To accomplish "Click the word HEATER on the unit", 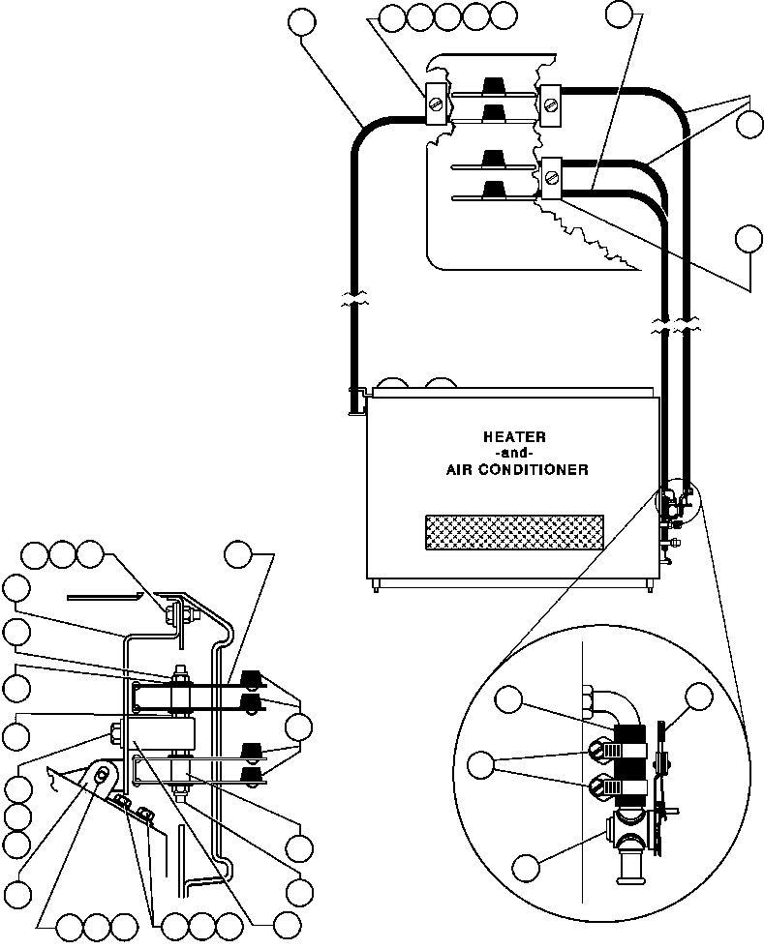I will point(514,436).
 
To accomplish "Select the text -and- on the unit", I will point(514,453).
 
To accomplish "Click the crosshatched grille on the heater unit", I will point(514,532).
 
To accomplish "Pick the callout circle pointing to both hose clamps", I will point(480,765).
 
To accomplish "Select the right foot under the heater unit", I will point(647,585).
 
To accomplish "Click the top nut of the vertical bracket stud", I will point(180,669).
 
